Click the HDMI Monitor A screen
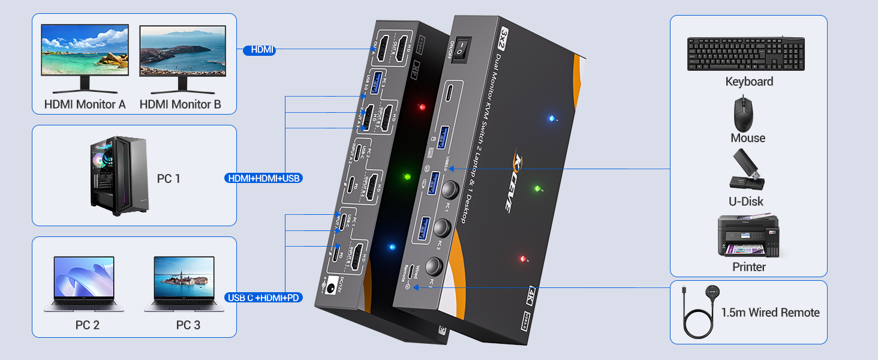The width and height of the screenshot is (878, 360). point(85,49)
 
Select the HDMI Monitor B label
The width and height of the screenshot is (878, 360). point(181,104)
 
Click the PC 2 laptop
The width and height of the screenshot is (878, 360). point(84,284)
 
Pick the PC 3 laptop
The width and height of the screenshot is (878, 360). point(184,284)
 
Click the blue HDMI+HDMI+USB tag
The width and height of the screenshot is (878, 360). point(263,178)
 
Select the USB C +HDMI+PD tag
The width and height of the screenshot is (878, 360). point(264,298)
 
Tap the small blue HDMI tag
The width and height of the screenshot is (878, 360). point(259,50)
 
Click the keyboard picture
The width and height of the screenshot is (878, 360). point(745,54)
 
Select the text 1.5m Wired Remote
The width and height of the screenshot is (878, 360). point(770,313)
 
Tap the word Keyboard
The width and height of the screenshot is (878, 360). point(749,82)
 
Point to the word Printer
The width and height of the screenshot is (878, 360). point(749,267)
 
